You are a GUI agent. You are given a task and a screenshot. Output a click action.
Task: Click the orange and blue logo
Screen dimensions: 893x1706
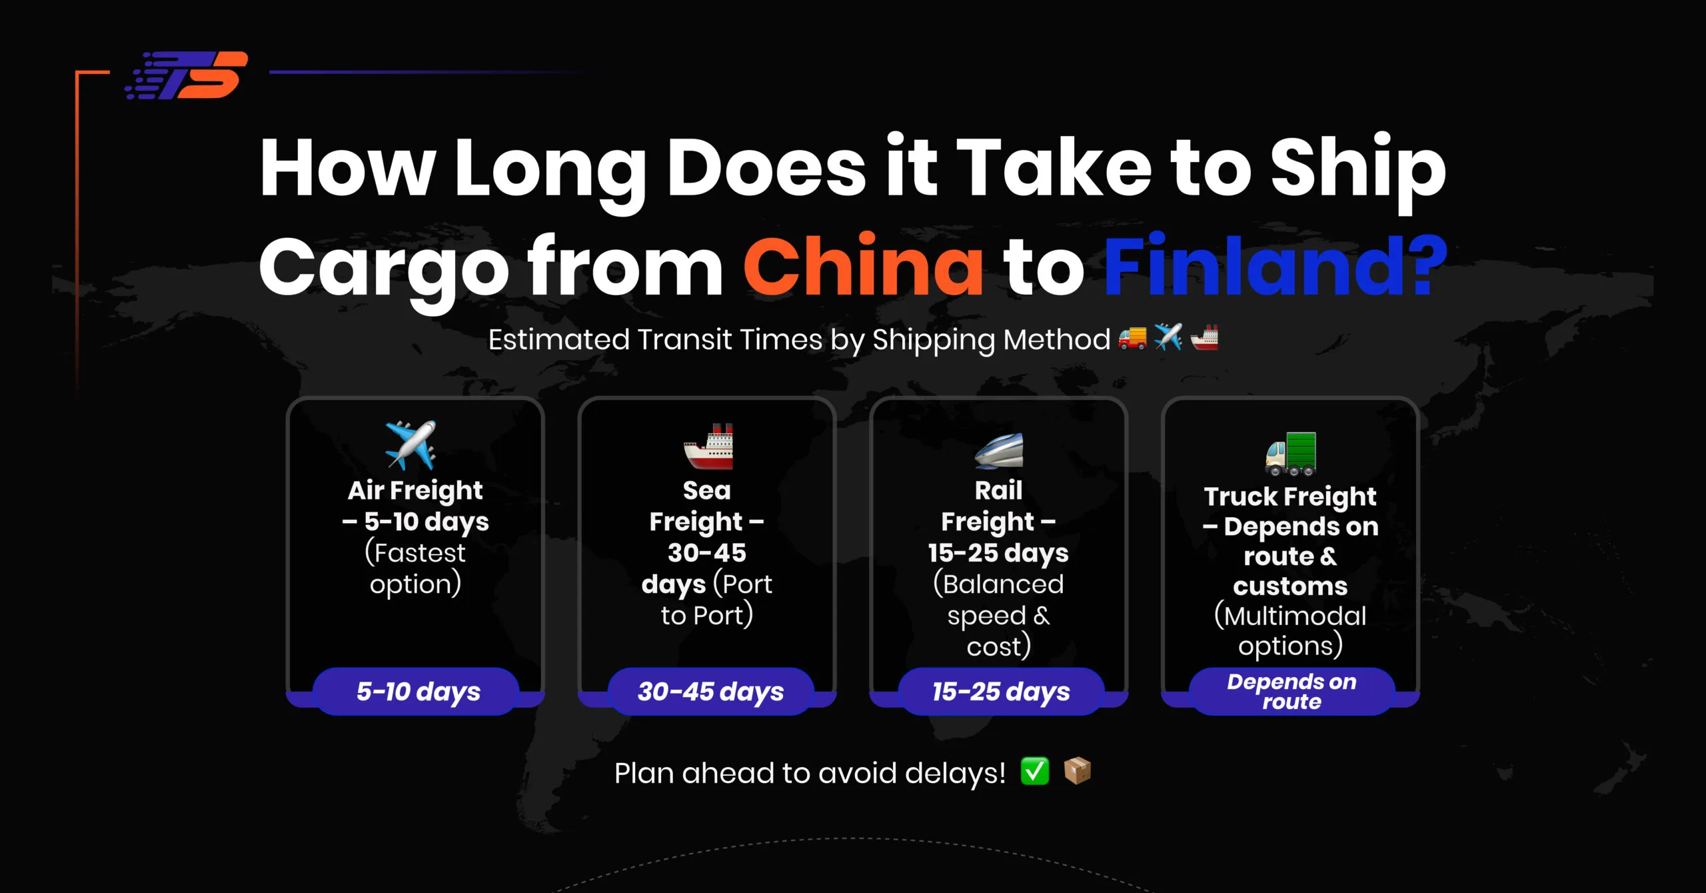[187, 75]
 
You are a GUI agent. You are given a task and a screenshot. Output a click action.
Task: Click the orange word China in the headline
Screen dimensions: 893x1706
[864, 267]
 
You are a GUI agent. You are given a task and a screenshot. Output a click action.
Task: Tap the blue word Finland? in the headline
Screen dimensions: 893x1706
[1276, 267]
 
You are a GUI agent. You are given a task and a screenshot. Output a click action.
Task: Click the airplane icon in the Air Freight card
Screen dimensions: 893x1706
[411, 445]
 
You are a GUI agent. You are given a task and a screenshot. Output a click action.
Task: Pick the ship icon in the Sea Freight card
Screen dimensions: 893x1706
[708, 446]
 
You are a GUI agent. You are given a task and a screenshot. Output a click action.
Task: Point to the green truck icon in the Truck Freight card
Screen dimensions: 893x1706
[1291, 454]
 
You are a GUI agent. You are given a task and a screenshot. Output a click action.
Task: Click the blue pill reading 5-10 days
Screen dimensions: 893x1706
[417, 691]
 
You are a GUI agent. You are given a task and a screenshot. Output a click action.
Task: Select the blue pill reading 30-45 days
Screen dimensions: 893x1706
[710, 691]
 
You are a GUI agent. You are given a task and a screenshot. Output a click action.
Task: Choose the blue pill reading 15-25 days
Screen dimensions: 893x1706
[1001, 691]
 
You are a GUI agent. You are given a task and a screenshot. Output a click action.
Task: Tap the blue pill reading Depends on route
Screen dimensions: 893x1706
[1291, 691]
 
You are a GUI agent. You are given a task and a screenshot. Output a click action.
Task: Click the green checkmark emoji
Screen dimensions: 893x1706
[1035, 772]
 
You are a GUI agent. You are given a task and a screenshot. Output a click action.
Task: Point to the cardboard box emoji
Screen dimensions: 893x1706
[1078, 771]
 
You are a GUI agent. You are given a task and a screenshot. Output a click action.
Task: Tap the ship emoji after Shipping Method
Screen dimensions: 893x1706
[1204, 338]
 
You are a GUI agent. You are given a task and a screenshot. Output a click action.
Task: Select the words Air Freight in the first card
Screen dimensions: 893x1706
[415, 491]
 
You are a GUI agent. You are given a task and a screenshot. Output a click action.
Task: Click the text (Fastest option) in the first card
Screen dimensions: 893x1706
[415, 568]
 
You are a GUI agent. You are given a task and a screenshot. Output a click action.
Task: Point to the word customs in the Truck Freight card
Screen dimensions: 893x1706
[1290, 586]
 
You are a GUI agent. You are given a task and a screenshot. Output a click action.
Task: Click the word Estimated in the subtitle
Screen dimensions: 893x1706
[558, 340]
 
